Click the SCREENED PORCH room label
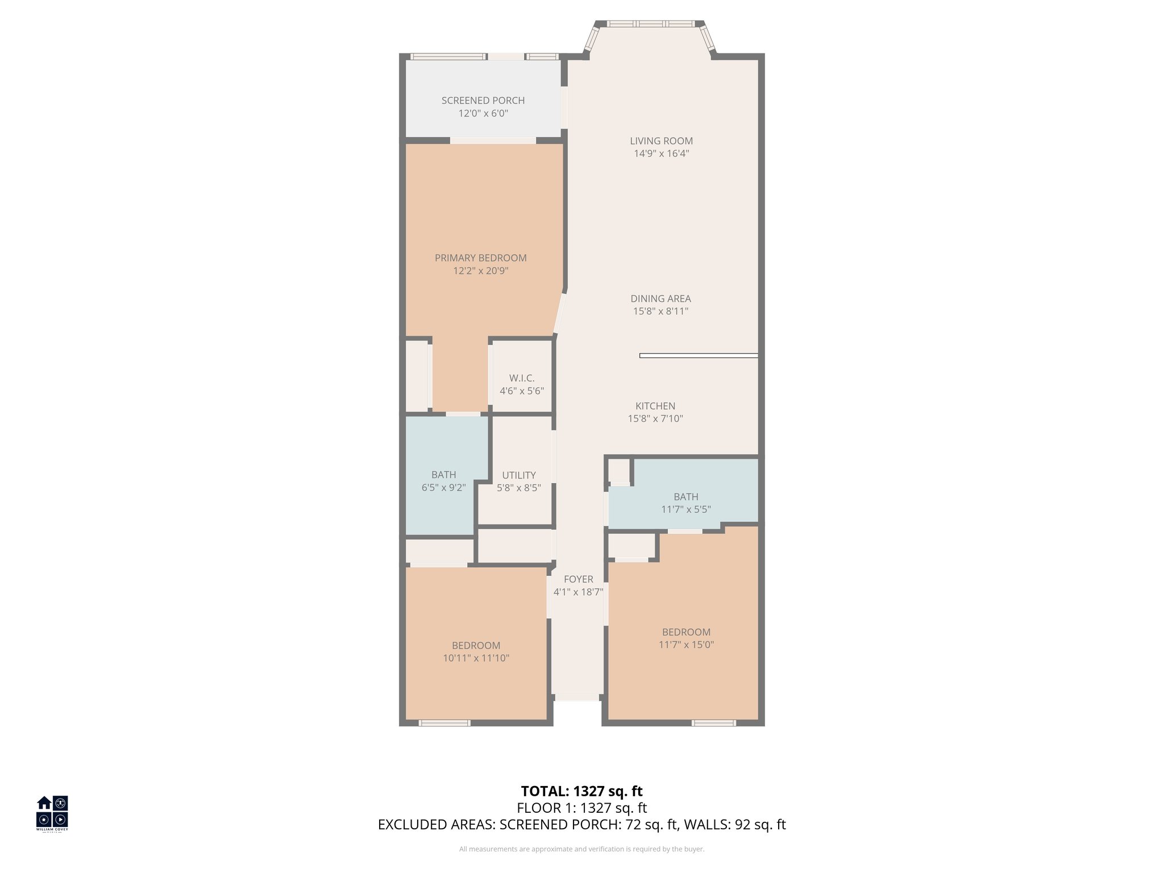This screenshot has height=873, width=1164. click(x=483, y=101)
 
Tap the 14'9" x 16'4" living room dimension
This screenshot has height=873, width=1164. click(x=661, y=153)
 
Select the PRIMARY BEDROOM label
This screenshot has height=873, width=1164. click(x=480, y=258)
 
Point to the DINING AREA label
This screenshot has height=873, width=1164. click(x=660, y=298)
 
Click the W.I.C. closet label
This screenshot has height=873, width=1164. click(x=521, y=379)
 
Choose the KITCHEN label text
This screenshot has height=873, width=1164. click(x=655, y=406)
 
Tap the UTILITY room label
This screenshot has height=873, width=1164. click(x=518, y=475)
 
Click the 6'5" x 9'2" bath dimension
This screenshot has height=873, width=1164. click(x=443, y=488)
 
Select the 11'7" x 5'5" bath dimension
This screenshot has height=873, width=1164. click(x=685, y=509)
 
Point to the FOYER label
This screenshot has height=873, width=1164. click(x=578, y=579)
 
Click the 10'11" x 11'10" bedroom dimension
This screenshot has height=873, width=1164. click(x=476, y=658)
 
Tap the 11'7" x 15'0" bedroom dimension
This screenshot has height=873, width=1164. click(x=686, y=645)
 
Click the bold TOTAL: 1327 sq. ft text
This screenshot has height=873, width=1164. click(x=581, y=791)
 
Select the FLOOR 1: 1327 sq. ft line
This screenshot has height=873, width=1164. click(x=581, y=808)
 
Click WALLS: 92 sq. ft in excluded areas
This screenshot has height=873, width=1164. click(x=734, y=825)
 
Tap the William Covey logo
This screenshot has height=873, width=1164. click(x=52, y=813)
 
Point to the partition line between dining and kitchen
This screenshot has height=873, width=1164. click(x=698, y=356)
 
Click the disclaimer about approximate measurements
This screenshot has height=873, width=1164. click(x=581, y=849)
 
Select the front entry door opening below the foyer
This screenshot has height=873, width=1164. click(x=577, y=697)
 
